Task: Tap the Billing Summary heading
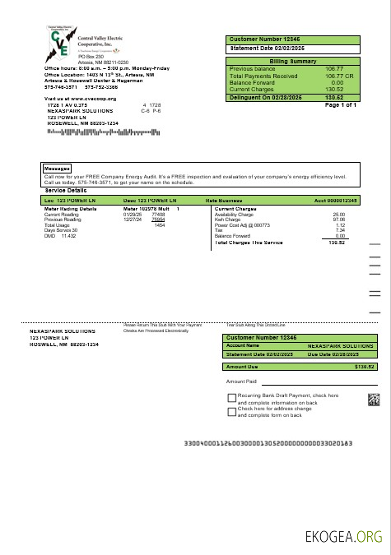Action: pos(293,61)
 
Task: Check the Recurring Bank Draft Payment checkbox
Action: pos(231,398)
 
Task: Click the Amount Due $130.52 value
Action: pos(364,367)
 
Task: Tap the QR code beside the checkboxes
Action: pos(373,400)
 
